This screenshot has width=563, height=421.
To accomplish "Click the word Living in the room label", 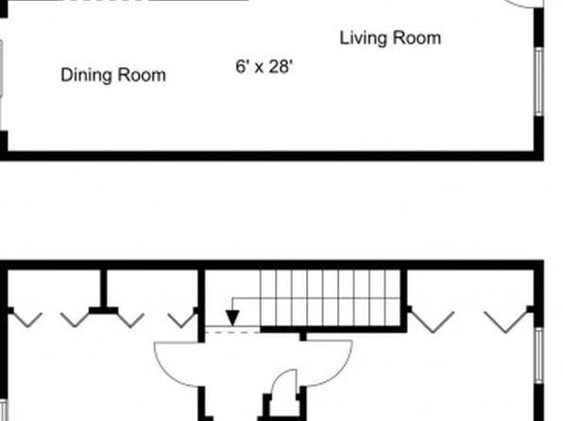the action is click(x=363, y=39).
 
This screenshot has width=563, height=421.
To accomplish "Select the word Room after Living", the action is click(x=417, y=38).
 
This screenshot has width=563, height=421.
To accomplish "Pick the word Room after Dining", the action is click(x=142, y=76).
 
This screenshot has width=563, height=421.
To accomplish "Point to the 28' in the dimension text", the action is click(x=281, y=67).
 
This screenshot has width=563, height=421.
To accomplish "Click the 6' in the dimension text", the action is click(x=243, y=66).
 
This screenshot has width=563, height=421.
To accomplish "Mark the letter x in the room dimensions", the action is click(x=259, y=69).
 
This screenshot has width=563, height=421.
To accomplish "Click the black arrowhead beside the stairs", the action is click(x=232, y=317).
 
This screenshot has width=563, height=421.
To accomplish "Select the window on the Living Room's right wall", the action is click(x=538, y=82).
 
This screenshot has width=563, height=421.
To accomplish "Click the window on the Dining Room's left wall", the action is click(x=1, y=68).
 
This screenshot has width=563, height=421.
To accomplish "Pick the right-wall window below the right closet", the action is click(x=538, y=355).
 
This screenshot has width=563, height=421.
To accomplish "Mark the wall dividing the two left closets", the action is click(x=103, y=292).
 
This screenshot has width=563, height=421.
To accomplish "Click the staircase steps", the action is click(x=331, y=298).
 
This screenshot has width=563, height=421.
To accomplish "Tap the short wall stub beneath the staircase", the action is click(x=303, y=337).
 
